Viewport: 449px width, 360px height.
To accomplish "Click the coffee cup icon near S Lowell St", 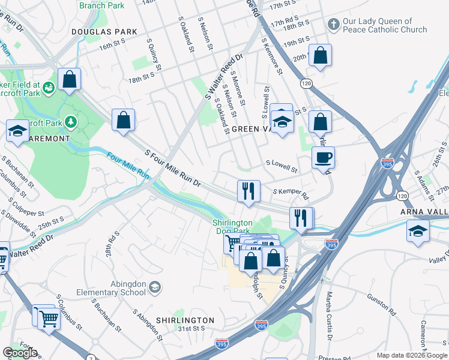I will tap(323, 158).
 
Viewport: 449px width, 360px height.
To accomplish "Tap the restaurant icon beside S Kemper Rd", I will tap(249, 191).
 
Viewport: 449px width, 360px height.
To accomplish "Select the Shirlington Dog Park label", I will tap(232, 226).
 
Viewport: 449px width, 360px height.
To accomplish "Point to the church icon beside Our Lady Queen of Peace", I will tap(333, 25).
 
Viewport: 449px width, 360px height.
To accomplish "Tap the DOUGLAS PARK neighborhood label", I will tap(104, 32).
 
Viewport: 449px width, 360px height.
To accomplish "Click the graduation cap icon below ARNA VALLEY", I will tap(418, 231).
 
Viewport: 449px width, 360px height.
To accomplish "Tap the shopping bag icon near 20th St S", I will tap(321, 56).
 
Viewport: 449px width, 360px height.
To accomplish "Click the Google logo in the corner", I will tap(20, 353).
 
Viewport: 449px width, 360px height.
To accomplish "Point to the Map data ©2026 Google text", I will tap(412, 355).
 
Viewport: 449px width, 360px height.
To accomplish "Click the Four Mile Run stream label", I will tap(127, 165).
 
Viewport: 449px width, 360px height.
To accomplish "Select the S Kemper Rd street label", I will tap(291, 194).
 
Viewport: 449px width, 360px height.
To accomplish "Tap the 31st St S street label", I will tap(191, 329).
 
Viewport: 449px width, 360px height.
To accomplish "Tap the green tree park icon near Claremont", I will tap(71, 122).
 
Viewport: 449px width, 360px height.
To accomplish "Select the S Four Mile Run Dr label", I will tap(172, 168).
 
